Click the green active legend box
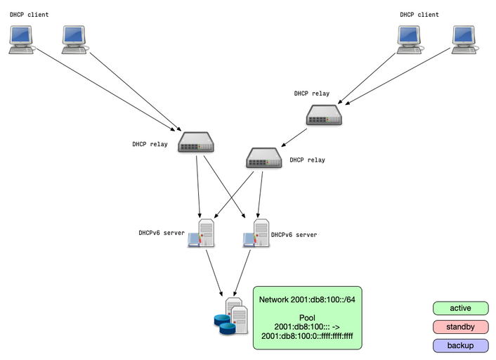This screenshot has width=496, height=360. pos(460,308)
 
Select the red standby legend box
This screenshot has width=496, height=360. pos(460,327)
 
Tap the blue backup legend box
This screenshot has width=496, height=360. pos(460,345)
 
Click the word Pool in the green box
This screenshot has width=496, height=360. pos(307,318)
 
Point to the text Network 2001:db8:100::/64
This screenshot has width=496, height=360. pos(307,300)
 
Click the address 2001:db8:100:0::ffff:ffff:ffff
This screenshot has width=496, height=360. pos(307,336)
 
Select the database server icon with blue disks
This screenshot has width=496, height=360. pos(231,317)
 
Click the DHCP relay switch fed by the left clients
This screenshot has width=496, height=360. pos(196,143)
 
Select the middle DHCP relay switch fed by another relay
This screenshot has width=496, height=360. pos(264,158)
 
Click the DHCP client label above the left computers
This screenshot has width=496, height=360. pos(30,15)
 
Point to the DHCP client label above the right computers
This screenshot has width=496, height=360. pos(419,15)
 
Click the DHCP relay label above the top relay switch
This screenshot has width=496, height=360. pos(312,94)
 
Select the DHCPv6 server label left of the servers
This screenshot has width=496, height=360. pos(162,233)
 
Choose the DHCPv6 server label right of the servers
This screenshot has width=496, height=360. pos(294,235)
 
